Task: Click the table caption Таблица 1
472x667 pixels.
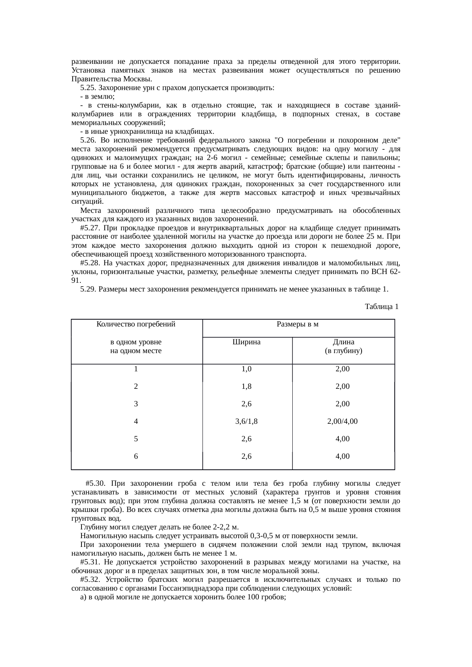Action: [x=381, y=307]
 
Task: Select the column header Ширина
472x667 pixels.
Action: [x=247, y=342]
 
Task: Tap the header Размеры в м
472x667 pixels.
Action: [x=298, y=324]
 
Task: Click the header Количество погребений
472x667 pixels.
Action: [x=136, y=324]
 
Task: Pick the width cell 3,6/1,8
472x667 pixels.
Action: [x=247, y=421]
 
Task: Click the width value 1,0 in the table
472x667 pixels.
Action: [x=247, y=369]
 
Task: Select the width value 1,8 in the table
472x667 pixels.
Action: [x=247, y=386]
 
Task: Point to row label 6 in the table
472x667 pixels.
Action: [x=136, y=456]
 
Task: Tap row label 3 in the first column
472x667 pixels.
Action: [x=136, y=404]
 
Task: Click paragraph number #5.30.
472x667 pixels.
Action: [x=95, y=483]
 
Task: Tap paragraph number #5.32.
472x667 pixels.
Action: [x=90, y=580]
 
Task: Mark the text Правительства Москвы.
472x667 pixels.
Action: [x=111, y=79]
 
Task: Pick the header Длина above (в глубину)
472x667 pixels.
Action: [x=343, y=342]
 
